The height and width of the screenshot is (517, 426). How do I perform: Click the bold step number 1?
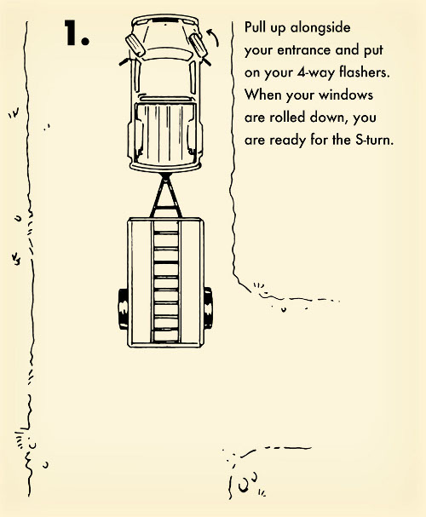point(77,32)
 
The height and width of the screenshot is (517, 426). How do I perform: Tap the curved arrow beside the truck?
point(215,37)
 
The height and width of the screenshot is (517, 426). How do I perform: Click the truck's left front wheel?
point(135,46)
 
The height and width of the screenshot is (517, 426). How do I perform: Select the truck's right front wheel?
point(198,45)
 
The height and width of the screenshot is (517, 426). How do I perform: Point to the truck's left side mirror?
point(124,61)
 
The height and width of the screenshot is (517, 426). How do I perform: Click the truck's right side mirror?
point(205,61)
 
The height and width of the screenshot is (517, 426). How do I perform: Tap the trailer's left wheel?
point(123,309)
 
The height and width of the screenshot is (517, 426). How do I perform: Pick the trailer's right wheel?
point(208,308)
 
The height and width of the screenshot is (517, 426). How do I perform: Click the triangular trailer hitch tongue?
point(166,196)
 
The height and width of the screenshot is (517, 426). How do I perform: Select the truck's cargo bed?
point(165,134)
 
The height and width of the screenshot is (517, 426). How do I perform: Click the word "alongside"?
point(320,28)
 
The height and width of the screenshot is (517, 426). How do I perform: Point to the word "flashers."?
point(365,72)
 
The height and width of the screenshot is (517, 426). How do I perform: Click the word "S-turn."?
point(375,140)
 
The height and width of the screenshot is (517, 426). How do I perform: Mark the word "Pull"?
point(256,27)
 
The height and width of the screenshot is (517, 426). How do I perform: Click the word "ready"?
point(288,141)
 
